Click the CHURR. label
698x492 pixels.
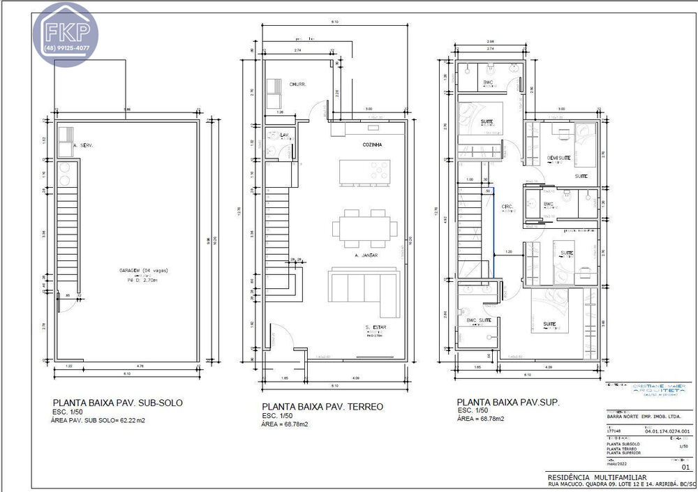299,84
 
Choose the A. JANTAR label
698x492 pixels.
366,256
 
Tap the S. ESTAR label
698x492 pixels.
376,327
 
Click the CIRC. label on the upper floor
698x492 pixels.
508,206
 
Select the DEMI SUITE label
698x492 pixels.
559,158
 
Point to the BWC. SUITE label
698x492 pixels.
480,320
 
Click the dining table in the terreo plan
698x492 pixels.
366,228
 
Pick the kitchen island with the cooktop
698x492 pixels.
364,172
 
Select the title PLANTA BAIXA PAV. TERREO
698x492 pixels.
322,406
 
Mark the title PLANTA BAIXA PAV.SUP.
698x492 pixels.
507,403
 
